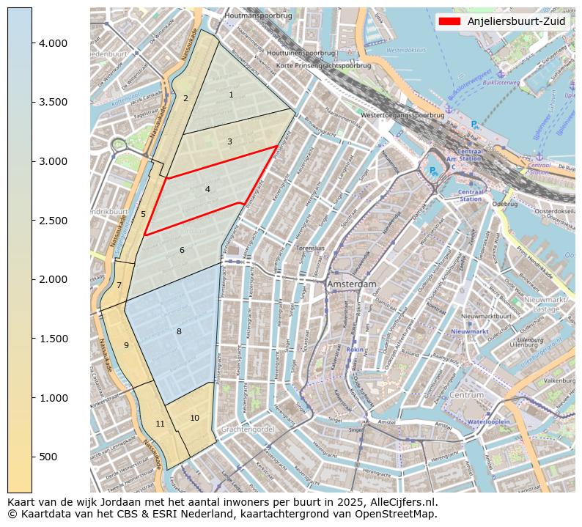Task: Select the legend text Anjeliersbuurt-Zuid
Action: point(517,21)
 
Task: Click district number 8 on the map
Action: point(179,332)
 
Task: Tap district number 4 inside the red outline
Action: point(207,189)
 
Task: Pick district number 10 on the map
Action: point(194,418)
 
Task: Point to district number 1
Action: point(231,95)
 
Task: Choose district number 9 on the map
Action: point(126,345)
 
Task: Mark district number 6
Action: point(182,251)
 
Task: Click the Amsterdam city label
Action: point(352,284)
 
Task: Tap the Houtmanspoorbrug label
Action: point(259,15)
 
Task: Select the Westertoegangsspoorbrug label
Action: point(402,115)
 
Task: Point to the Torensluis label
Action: point(310,248)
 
